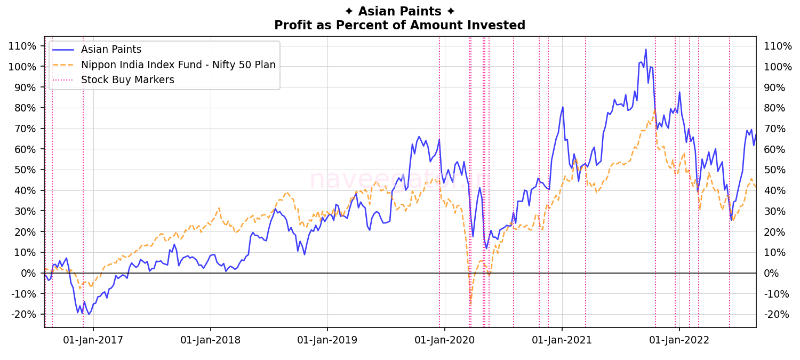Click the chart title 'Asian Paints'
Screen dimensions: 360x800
pyautogui.click(x=399, y=11)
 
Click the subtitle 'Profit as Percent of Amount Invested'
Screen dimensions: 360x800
pyautogui.click(x=399, y=25)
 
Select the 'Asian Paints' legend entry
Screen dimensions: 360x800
pyautogui.click(x=111, y=50)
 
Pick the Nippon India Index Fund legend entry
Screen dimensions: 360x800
pyautogui.click(x=178, y=65)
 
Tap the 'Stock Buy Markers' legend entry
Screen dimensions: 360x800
pyautogui.click(x=127, y=80)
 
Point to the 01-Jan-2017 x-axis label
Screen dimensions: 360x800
pyautogui.click(x=93, y=340)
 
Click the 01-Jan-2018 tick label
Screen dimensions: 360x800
pyautogui.click(x=210, y=340)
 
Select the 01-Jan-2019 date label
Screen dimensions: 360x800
pyautogui.click(x=327, y=340)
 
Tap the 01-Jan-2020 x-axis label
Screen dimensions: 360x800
pyautogui.click(x=445, y=340)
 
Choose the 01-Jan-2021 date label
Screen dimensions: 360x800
pyautogui.click(x=562, y=340)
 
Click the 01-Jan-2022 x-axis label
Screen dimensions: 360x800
pyautogui.click(x=679, y=340)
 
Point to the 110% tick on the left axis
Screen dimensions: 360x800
pyautogui.click(x=23, y=46)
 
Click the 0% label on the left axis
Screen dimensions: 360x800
pyautogui.click(x=28, y=273)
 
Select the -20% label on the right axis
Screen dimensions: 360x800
pyautogui.click(x=776, y=315)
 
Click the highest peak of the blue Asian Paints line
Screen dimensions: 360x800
pyautogui.click(x=646, y=50)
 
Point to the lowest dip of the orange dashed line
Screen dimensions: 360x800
pyautogui.click(x=470, y=305)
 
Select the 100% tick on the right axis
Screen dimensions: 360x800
pyautogui.click(x=778, y=67)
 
